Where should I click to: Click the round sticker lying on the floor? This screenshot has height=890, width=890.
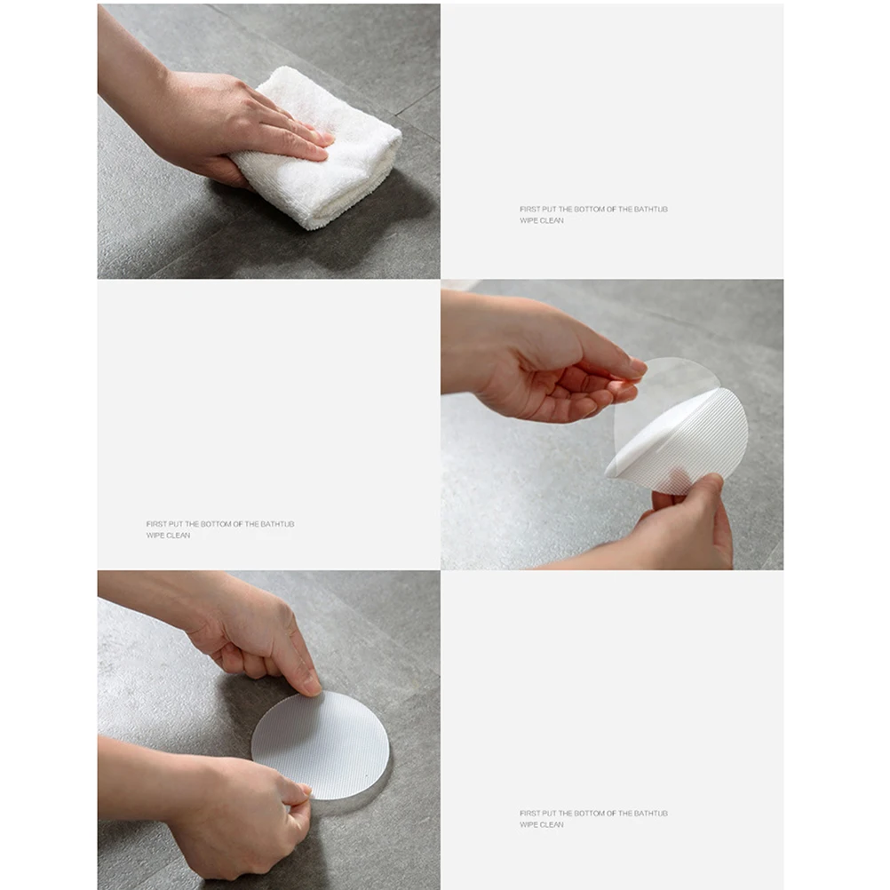point(320,744)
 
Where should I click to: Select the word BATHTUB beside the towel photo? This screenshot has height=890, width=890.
point(650,210)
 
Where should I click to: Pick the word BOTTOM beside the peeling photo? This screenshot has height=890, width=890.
point(216,524)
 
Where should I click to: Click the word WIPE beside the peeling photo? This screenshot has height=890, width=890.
point(155,536)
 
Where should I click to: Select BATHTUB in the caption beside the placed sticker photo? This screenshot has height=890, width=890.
point(650,814)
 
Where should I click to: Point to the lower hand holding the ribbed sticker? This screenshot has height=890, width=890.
point(688,528)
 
